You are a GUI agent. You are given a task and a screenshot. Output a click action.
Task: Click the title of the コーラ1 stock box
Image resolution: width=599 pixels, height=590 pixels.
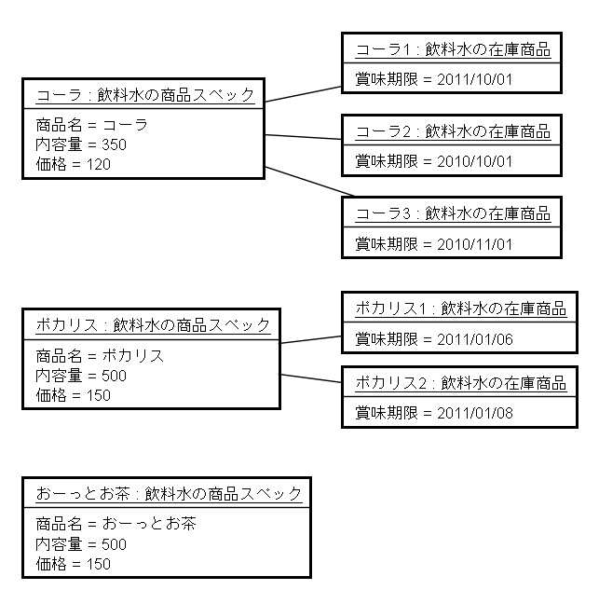click(453, 50)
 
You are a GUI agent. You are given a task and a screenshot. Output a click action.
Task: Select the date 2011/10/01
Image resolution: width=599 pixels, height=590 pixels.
click(474, 79)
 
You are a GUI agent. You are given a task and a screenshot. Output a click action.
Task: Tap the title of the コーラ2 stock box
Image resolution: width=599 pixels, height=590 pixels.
click(453, 131)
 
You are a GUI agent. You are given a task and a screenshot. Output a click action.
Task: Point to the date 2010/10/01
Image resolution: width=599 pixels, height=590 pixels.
click(474, 161)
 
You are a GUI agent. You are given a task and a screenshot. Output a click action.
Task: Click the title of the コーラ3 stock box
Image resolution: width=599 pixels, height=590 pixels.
click(453, 214)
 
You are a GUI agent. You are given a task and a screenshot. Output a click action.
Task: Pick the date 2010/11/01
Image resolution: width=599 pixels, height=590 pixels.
click(474, 244)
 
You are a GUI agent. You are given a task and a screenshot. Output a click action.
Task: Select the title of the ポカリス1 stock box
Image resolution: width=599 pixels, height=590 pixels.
click(461, 309)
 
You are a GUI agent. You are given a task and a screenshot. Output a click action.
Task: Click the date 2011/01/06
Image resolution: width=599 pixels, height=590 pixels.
click(475, 339)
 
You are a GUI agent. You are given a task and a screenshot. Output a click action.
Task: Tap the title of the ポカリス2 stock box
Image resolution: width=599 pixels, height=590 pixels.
click(461, 383)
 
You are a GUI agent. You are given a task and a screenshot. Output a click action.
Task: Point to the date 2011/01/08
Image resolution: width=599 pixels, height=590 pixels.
click(475, 413)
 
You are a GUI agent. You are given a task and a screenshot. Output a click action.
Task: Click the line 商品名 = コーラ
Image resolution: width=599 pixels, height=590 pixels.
click(91, 125)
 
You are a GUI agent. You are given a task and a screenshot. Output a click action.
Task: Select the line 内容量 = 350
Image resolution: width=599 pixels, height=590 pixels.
click(81, 144)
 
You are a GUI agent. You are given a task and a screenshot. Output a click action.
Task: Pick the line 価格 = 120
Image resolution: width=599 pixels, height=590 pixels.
click(74, 164)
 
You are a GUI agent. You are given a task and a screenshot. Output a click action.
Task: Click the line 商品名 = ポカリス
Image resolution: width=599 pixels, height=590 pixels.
click(100, 356)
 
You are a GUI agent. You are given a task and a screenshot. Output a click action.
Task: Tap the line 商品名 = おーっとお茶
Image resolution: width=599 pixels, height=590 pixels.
click(116, 524)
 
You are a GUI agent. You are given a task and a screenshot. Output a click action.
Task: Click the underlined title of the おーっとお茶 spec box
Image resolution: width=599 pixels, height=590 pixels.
click(169, 494)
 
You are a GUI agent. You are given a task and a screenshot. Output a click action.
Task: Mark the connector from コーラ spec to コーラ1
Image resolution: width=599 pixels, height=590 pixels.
click(304, 94)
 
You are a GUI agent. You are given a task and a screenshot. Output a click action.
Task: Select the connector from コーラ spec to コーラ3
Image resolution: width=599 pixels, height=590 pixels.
click(309, 182)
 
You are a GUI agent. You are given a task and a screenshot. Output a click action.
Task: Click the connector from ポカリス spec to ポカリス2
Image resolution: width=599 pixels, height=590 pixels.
click(311, 378)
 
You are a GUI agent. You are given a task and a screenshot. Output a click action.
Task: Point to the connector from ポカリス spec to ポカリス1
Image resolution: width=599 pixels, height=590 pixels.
click(311, 339)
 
